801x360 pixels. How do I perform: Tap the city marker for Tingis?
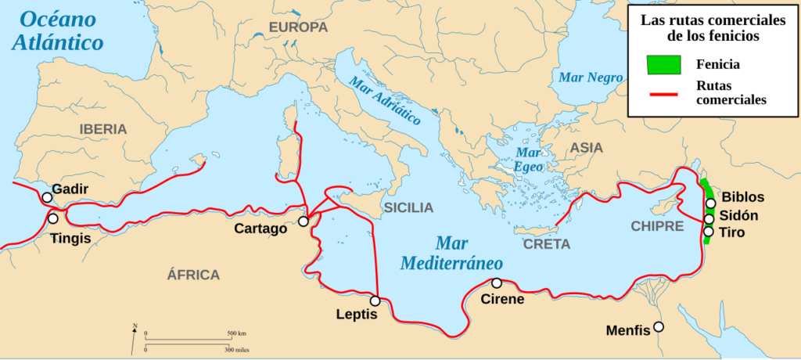(x=53, y=218)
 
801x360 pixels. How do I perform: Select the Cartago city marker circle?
(x=303, y=222)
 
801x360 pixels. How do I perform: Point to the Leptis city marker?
(x=375, y=301)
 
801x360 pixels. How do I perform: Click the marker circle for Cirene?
(x=496, y=283)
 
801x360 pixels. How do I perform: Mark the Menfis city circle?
(x=659, y=326)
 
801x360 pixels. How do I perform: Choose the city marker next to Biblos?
(x=710, y=203)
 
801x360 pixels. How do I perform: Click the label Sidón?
(x=740, y=215)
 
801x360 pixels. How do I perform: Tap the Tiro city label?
(x=733, y=232)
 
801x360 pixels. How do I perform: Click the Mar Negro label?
(x=591, y=77)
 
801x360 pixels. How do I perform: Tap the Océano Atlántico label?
(x=59, y=30)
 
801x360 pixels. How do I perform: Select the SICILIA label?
(x=407, y=207)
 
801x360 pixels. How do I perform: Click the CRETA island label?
(x=547, y=244)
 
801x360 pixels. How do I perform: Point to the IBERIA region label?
(x=102, y=130)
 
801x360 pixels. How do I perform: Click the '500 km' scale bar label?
(x=236, y=333)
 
